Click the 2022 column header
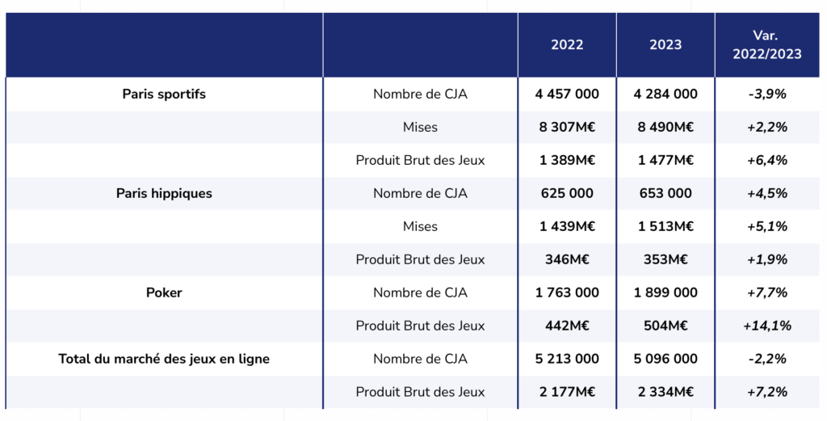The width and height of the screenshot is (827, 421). pyautogui.click(x=567, y=45)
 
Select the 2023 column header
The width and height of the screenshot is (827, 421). pyautogui.click(x=665, y=45)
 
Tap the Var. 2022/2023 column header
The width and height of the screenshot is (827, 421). pyautogui.click(x=766, y=45)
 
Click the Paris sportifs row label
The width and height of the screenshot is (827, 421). pyautogui.click(x=164, y=94)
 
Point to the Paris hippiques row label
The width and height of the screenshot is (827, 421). pyautogui.click(x=164, y=193)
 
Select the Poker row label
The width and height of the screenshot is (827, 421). pyautogui.click(x=164, y=293)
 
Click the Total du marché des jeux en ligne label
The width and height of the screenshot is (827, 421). pyautogui.click(x=164, y=359)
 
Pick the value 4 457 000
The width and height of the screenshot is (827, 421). pyautogui.click(x=567, y=94)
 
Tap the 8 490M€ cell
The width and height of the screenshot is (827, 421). pyautogui.click(x=665, y=127)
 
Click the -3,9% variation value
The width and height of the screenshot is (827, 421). pyautogui.click(x=767, y=94)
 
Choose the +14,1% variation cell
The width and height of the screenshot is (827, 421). pyautogui.click(x=767, y=326)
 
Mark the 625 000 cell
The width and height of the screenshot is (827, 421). pyautogui.click(x=567, y=193)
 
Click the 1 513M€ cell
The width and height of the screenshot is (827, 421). pyautogui.click(x=665, y=226)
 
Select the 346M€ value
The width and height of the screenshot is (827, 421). pyautogui.click(x=567, y=259)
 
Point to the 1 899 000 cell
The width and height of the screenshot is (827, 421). pyautogui.click(x=665, y=293)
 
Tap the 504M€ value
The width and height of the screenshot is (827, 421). pyautogui.click(x=665, y=326)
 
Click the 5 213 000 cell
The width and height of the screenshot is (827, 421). pyautogui.click(x=567, y=359)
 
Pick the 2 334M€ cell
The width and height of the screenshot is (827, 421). pyautogui.click(x=665, y=392)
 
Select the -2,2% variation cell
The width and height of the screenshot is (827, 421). pyautogui.click(x=767, y=359)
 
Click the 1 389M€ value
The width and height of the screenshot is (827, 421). pyautogui.click(x=567, y=160)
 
